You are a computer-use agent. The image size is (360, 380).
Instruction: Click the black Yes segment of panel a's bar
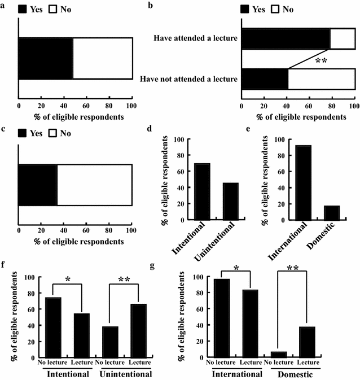point(46,59)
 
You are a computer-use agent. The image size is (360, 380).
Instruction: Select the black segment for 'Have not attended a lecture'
point(265,79)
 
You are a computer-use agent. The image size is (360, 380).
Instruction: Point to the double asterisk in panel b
point(321,60)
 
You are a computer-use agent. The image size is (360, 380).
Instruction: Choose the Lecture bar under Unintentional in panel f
point(139,330)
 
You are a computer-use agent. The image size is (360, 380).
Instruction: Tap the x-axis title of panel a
point(75,117)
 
